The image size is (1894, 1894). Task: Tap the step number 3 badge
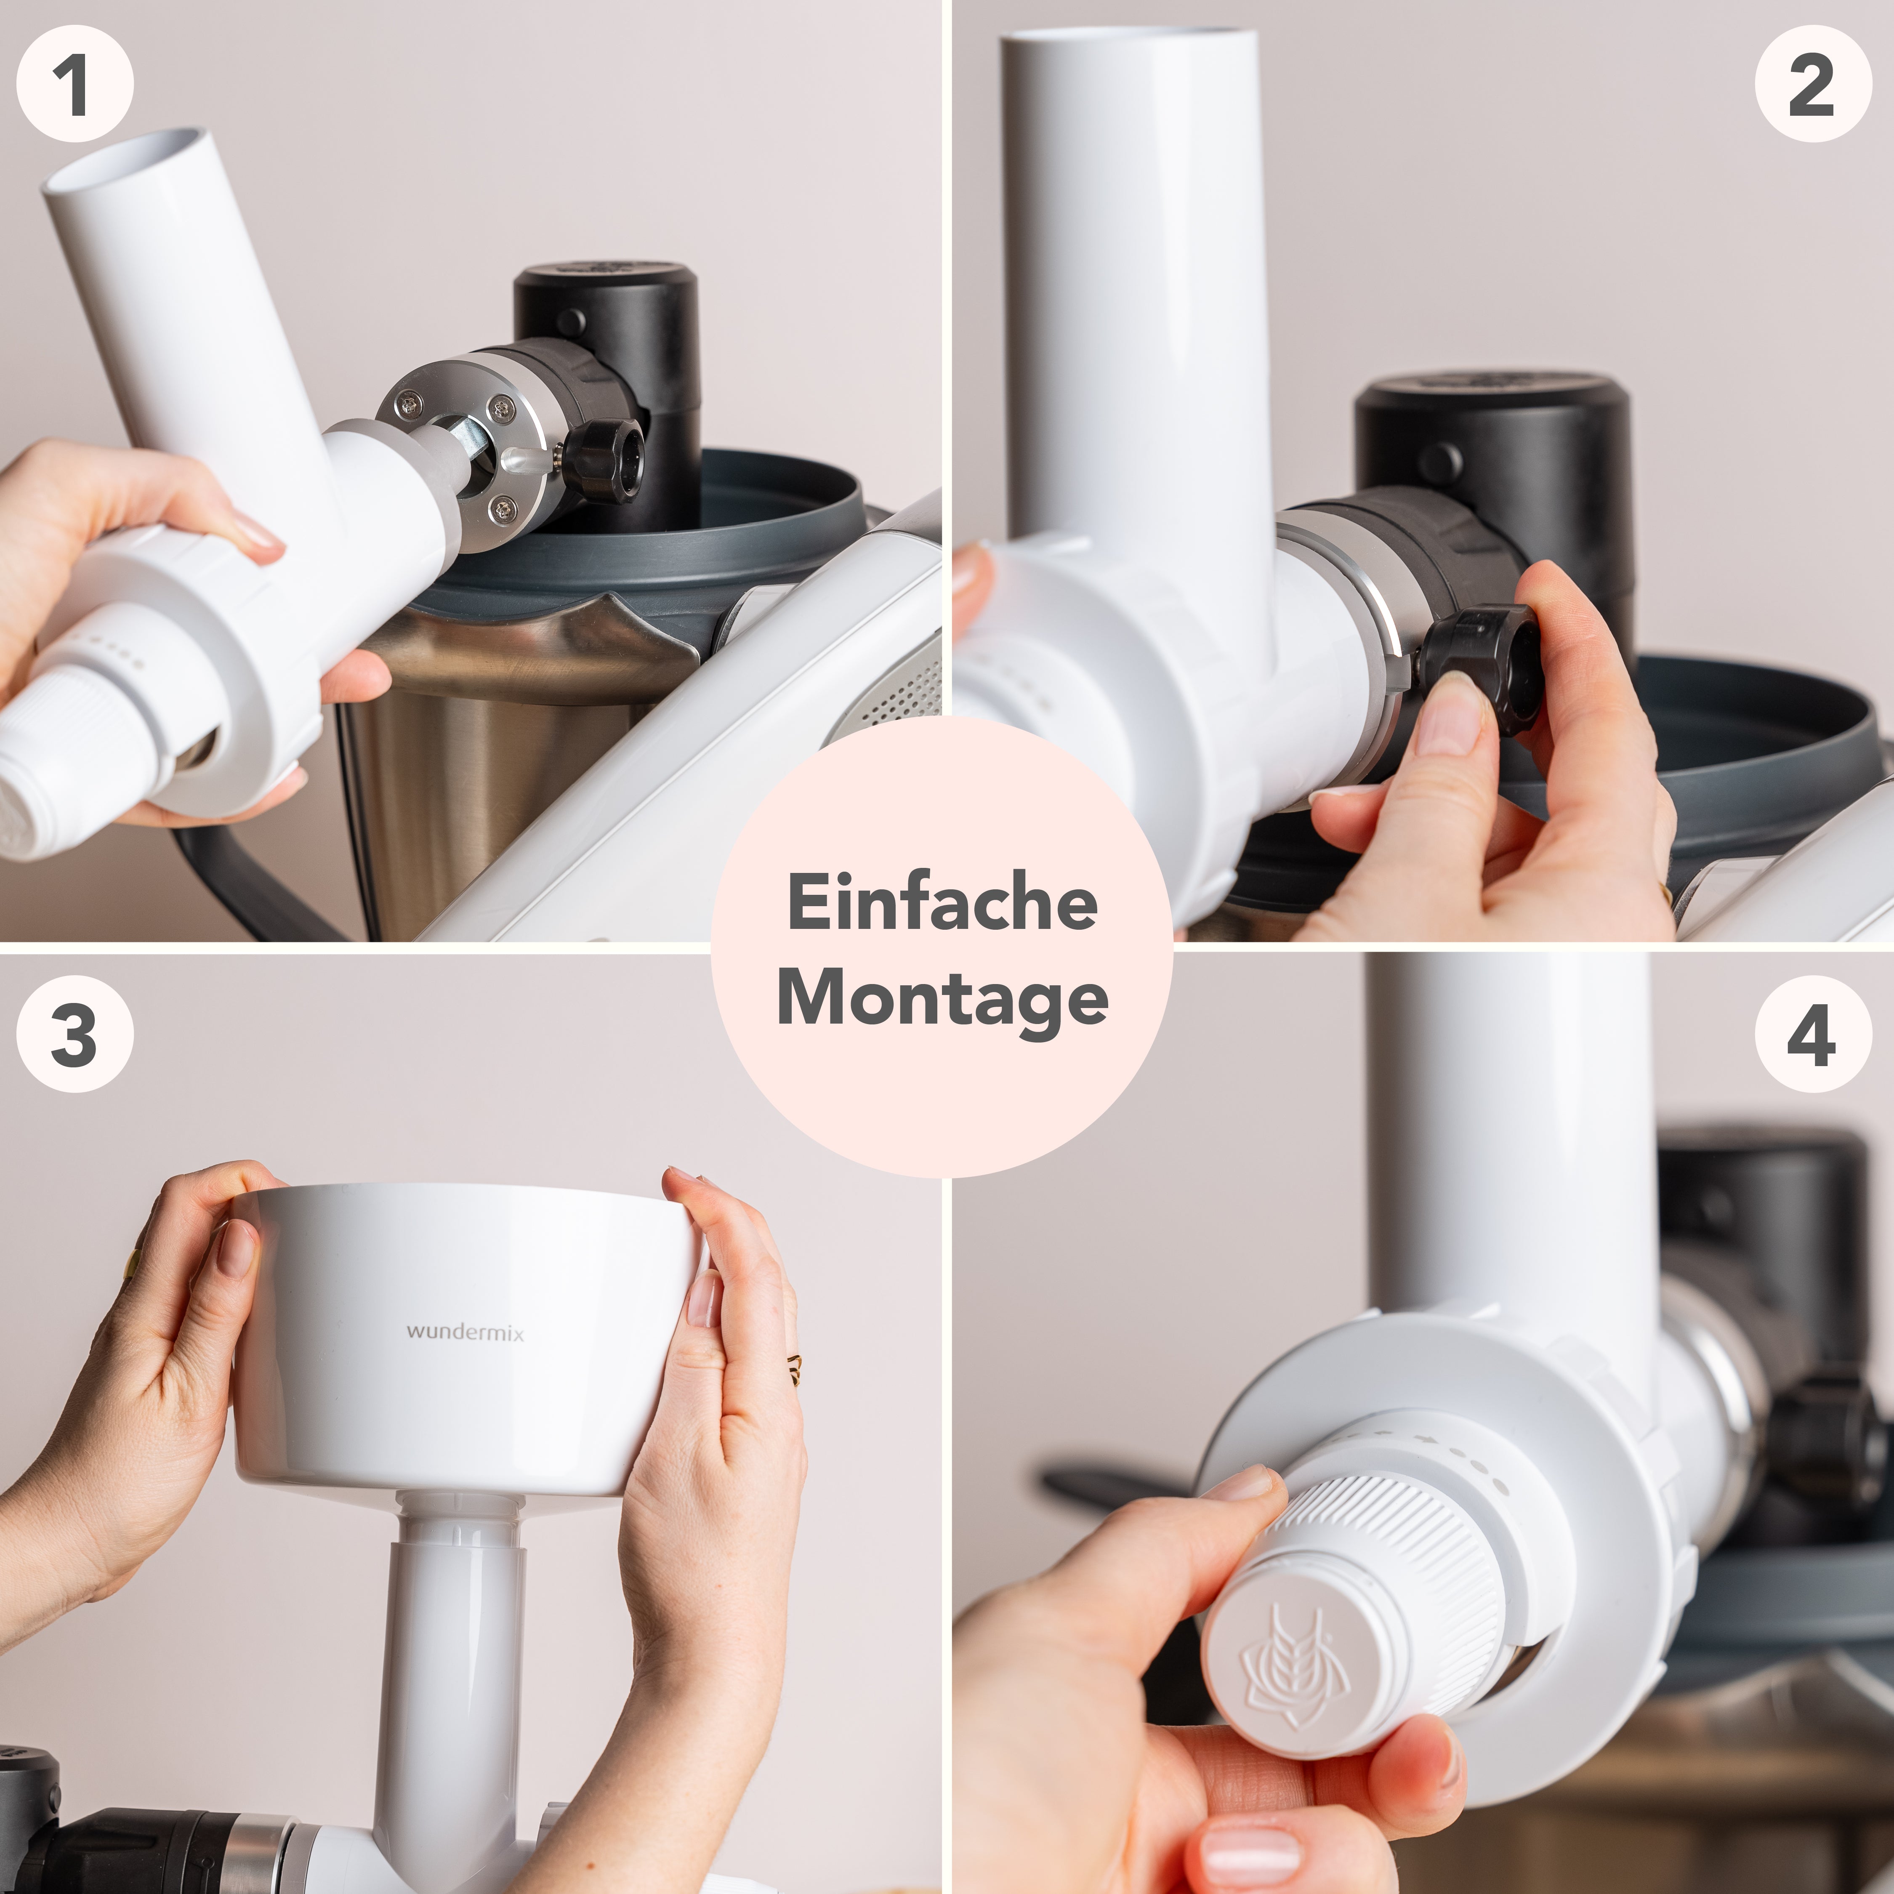[74, 1034]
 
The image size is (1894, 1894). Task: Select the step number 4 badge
[1812, 1034]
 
